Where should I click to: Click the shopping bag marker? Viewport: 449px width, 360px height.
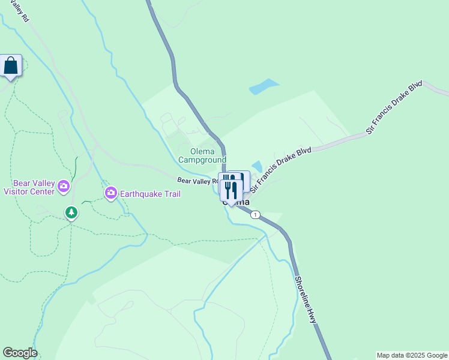coord(11,65)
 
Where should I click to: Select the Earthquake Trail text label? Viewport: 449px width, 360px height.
coord(150,194)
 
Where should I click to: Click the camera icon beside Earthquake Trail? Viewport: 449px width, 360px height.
coord(110,193)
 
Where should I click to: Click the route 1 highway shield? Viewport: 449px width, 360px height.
coord(256,215)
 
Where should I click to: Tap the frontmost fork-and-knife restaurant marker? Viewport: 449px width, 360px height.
coord(231,190)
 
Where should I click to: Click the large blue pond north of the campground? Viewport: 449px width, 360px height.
coord(264,87)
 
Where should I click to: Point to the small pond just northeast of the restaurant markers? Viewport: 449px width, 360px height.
coord(257,166)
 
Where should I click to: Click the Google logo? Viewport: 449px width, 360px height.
coord(19,353)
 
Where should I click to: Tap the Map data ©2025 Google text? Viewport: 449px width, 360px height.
coord(412,355)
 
